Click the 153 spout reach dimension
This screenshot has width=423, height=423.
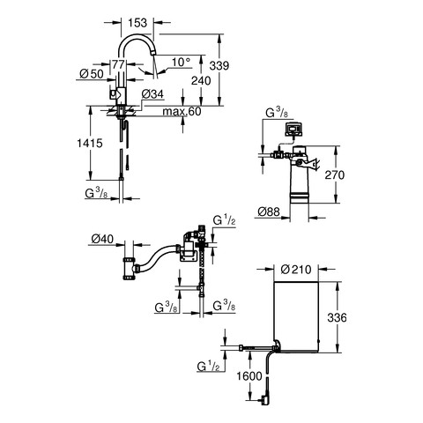click(137, 23)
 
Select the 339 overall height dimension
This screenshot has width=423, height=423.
click(219, 65)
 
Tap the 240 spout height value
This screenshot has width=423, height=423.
click(201, 80)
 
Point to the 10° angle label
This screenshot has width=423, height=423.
click(181, 62)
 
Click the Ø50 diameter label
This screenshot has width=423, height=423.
click(92, 74)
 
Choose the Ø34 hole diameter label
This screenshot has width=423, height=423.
click(152, 94)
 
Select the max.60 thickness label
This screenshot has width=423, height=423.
click(182, 111)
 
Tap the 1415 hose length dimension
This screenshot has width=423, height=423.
click(90, 143)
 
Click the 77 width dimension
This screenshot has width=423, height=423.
click(118, 64)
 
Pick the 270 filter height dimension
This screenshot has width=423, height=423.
click(335, 174)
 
